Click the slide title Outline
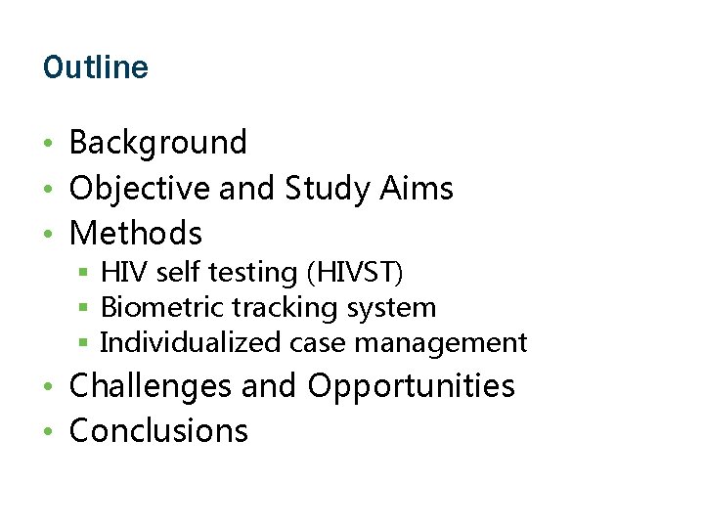pos(96,67)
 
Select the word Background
pos(158,143)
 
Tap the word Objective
pos(140,188)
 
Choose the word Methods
pos(136,234)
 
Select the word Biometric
pos(163,307)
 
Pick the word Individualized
pos(191,342)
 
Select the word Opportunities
pos(411,386)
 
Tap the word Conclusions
pos(159,431)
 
